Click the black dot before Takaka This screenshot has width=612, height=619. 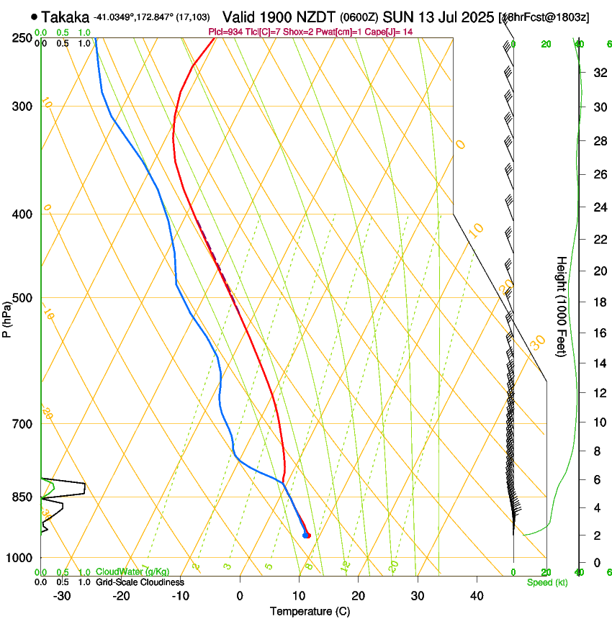coord(34,17)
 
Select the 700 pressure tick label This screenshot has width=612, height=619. coord(22,424)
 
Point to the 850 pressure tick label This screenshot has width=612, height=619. coord(22,497)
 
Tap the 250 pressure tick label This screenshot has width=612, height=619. coord(22,38)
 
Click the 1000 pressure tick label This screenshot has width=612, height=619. coord(20,558)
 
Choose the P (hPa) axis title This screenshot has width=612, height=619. coord(7,317)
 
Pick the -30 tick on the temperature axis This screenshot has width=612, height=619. coord(62,596)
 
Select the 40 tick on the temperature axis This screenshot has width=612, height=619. coord(476,596)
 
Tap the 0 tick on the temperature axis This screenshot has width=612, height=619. coord(240,596)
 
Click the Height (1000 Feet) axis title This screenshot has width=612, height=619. coord(562,306)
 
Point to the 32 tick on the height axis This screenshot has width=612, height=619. coord(598,73)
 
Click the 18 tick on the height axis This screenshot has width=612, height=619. coord(598,302)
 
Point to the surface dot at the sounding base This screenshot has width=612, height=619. coord(306,535)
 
